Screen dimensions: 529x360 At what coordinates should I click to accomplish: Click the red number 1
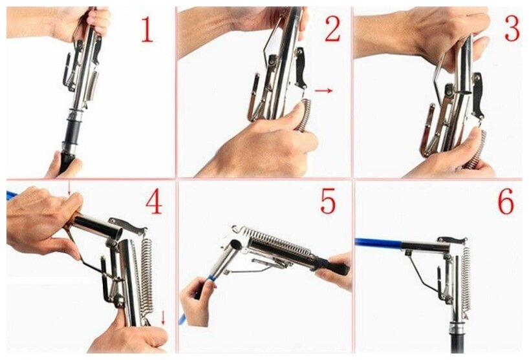(x=147, y=30)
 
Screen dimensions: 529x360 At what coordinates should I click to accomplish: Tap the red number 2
(x=332, y=29)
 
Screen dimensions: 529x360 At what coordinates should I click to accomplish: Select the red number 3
(x=512, y=28)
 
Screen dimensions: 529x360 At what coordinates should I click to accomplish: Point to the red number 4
(x=154, y=202)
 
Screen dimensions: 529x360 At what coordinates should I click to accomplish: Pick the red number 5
(x=328, y=201)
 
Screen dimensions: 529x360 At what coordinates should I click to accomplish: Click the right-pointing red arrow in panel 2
(x=323, y=90)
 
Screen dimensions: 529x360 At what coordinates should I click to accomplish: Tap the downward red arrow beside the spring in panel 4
(x=163, y=317)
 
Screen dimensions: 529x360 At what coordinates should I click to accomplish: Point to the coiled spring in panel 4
(x=147, y=277)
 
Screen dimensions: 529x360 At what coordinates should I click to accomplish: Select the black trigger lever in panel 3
(x=479, y=96)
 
